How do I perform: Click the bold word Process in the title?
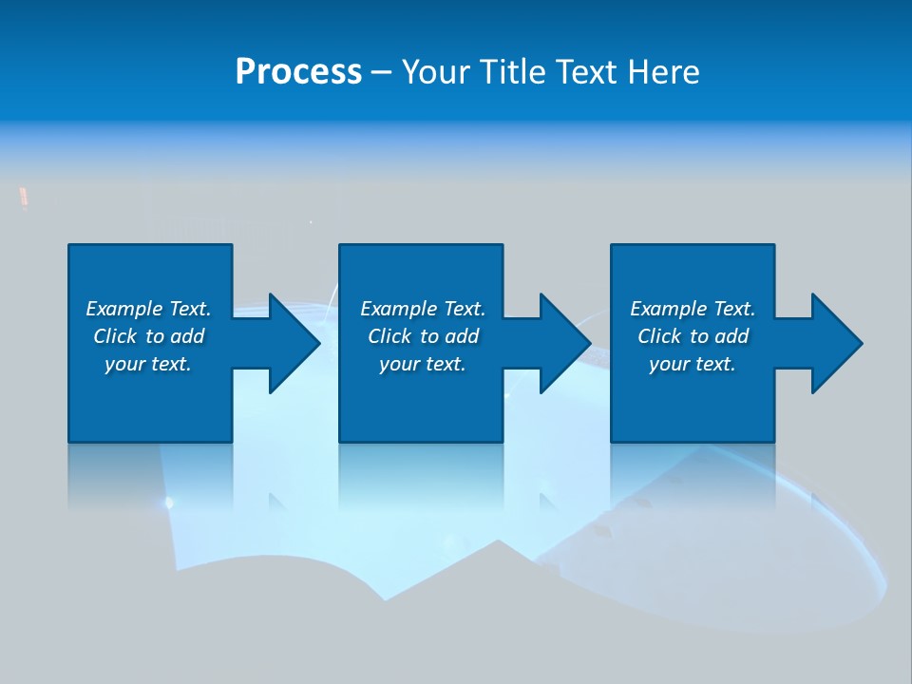click(x=298, y=72)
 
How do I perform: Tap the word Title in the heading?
click(x=513, y=72)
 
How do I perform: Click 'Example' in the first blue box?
click(x=123, y=309)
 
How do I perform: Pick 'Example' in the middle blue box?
click(x=398, y=309)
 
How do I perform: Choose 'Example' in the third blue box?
click(x=668, y=309)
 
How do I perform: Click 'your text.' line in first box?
click(x=148, y=364)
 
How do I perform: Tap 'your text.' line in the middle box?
click(x=422, y=364)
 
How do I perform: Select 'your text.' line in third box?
click(x=693, y=364)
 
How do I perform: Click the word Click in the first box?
click(x=115, y=336)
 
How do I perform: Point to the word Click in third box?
click(x=659, y=336)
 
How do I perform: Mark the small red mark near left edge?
click(x=24, y=197)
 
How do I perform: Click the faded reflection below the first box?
click(x=150, y=475)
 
